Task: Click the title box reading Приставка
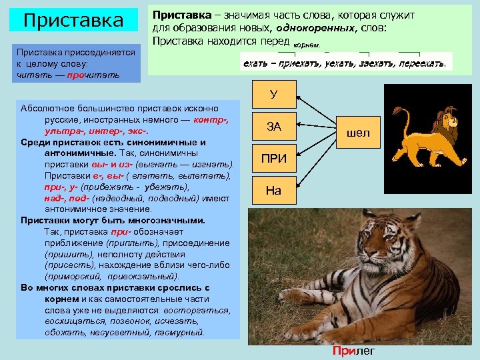[x=74, y=19]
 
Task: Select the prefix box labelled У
[x=273, y=94]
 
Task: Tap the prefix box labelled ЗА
[x=273, y=126]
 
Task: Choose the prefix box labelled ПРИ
[x=273, y=159]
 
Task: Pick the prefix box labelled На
[x=273, y=191]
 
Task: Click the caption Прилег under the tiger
[x=353, y=351]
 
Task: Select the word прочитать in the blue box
[x=97, y=75]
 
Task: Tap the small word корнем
[x=310, y=45]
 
